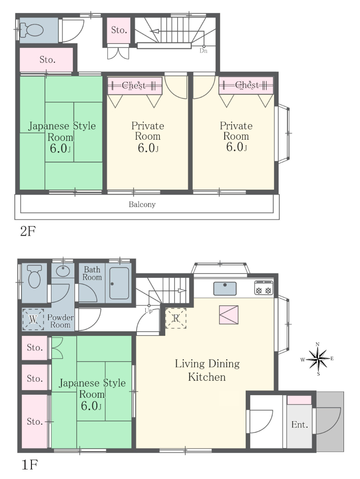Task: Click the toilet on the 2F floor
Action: (31, 30)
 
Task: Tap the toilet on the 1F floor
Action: (34, 276)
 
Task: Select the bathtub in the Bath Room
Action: (119, 283)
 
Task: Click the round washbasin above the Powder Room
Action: (62, 270)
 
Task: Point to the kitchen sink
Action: (225, 289)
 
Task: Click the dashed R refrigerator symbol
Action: (176, 318)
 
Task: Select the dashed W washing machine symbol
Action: (33, 319)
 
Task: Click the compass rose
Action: (318, 359)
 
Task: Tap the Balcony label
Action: (142, 205)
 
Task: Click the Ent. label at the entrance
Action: (300, 425)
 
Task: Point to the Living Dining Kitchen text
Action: (207, 370)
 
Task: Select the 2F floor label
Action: (28, 231)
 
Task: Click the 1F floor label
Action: (29, 465)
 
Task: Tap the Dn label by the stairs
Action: (204, 51)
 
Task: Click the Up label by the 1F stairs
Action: (148, 311)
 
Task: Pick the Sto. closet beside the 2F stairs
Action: (119, 30)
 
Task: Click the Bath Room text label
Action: (92, 273)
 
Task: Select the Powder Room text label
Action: (60, 321)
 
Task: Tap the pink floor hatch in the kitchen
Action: (229, 315)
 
